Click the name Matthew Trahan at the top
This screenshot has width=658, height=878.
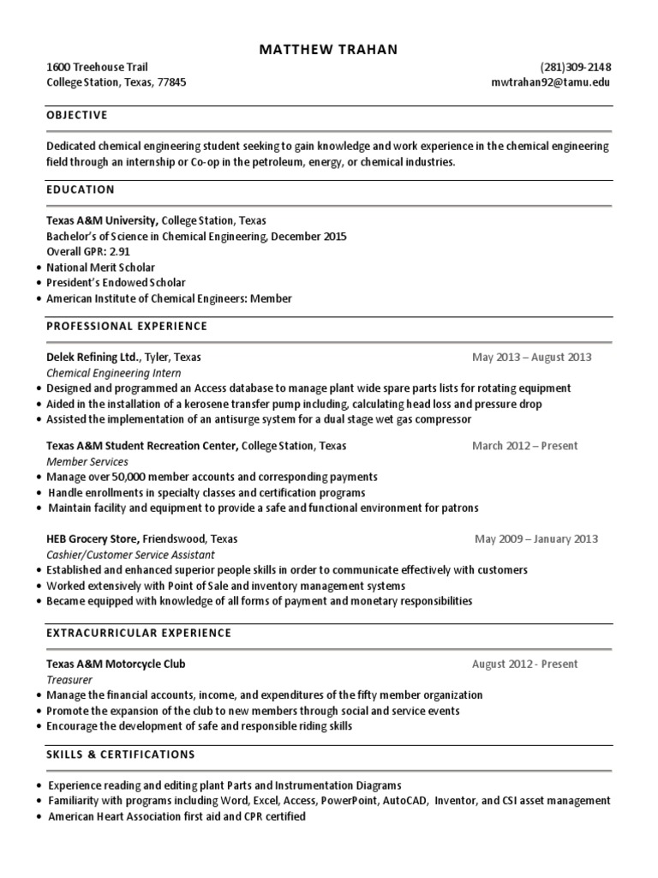[328, 50]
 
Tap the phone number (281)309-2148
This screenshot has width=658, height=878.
[576, 67]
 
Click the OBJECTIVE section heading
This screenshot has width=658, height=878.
[77, 115]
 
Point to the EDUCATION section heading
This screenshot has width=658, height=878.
[81, 189]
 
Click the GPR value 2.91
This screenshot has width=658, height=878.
[118, 252]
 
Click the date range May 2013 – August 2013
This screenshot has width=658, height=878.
[531, 358]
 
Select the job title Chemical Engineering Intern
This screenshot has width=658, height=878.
[113, 373]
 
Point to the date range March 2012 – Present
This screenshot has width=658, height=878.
[524, 446]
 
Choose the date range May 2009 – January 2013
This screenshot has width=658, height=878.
[536, 539]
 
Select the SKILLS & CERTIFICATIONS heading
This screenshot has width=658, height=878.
[121, 755]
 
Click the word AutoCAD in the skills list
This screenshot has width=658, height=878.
[408, 801]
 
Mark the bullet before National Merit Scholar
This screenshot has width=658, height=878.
[40, 268]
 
